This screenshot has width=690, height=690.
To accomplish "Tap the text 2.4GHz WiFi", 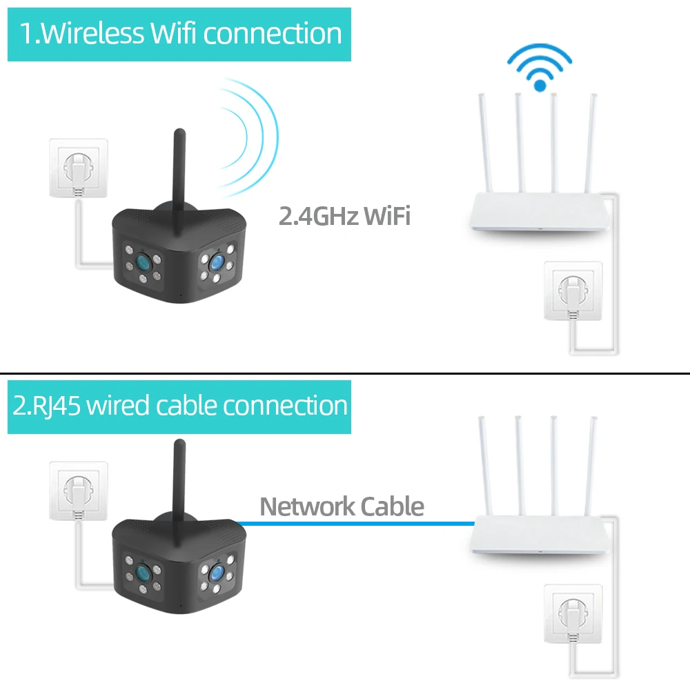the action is coord(344,216).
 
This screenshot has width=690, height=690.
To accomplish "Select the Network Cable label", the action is coord(342,506).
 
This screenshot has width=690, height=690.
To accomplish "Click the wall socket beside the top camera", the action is coord(79,167).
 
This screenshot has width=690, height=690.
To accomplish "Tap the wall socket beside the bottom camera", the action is coord(79,490).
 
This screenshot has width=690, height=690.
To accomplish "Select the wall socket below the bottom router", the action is coord(573,611).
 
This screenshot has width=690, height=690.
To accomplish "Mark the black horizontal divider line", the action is coord(345,373).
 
